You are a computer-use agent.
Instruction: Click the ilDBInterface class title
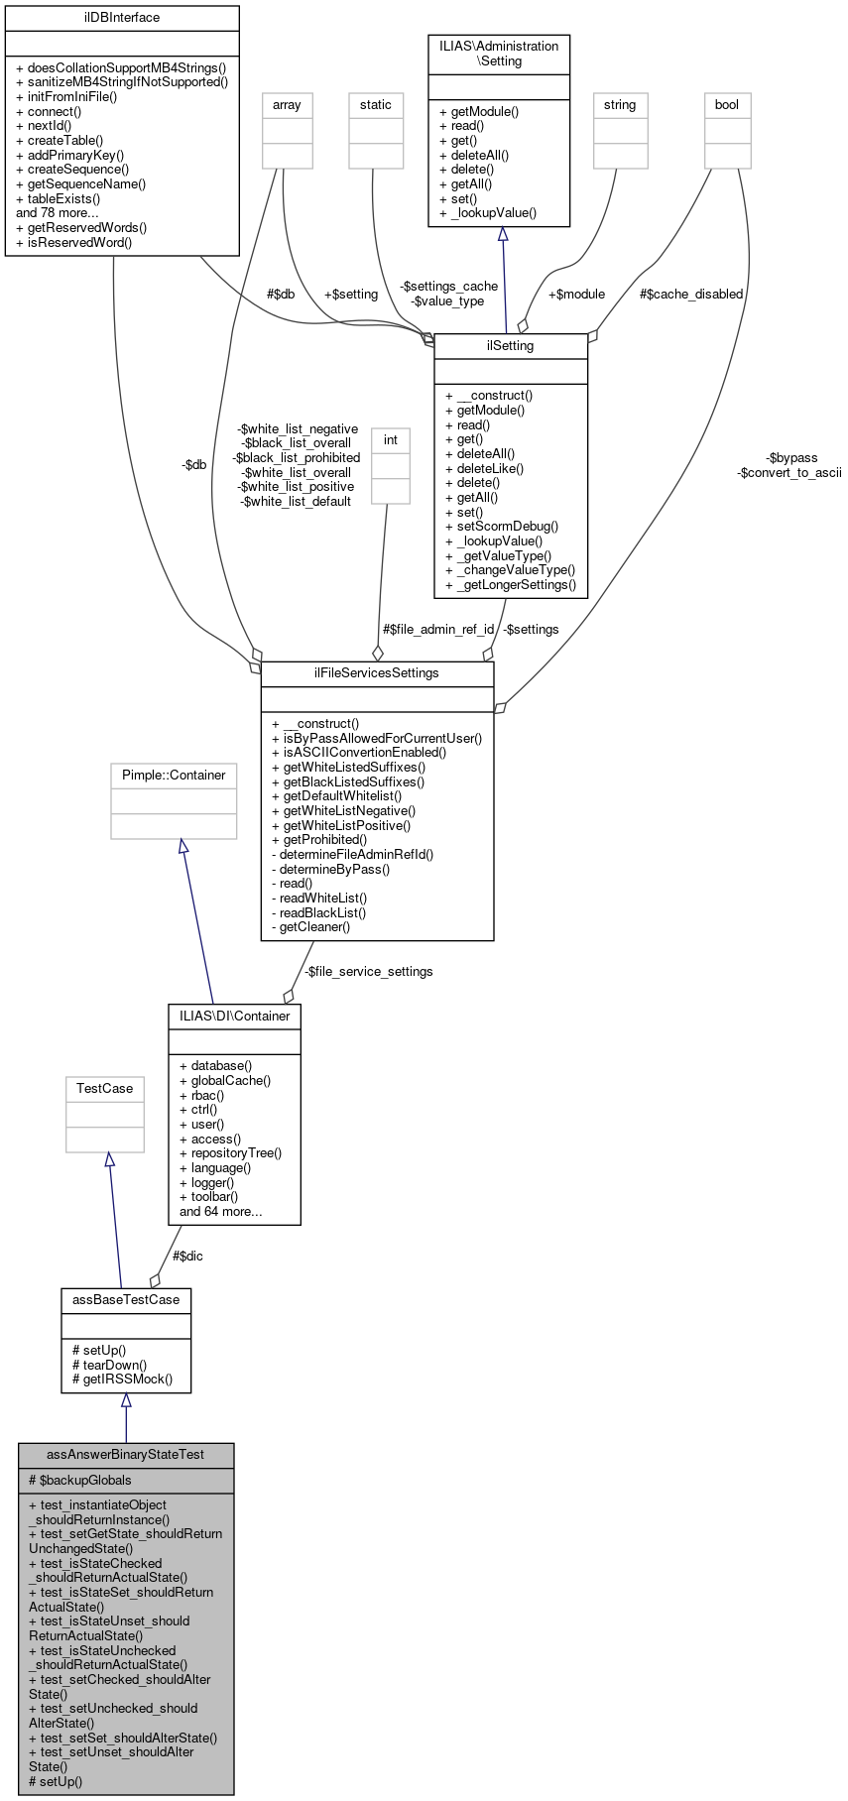[122, 18]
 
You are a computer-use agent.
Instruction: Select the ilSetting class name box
[511, 346]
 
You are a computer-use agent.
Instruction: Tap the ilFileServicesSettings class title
[377, 673]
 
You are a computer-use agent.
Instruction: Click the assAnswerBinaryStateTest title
[126, 1455]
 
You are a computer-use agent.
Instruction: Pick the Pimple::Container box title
[174, 776]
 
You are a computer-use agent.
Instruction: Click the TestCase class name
[104, 1089]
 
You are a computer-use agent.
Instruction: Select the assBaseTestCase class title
[126, 1299]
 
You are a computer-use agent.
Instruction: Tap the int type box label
[391, 440]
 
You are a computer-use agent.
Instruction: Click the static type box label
[376, 105]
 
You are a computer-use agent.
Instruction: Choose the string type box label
[620, 105]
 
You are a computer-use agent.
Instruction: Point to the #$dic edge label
[187, 1256]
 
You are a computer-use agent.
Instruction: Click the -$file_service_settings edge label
[368, 972]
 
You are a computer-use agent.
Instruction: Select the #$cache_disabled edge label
[691, 295]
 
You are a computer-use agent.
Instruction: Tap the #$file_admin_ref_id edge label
[438, 630]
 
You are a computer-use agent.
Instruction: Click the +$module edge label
[576, 295]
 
